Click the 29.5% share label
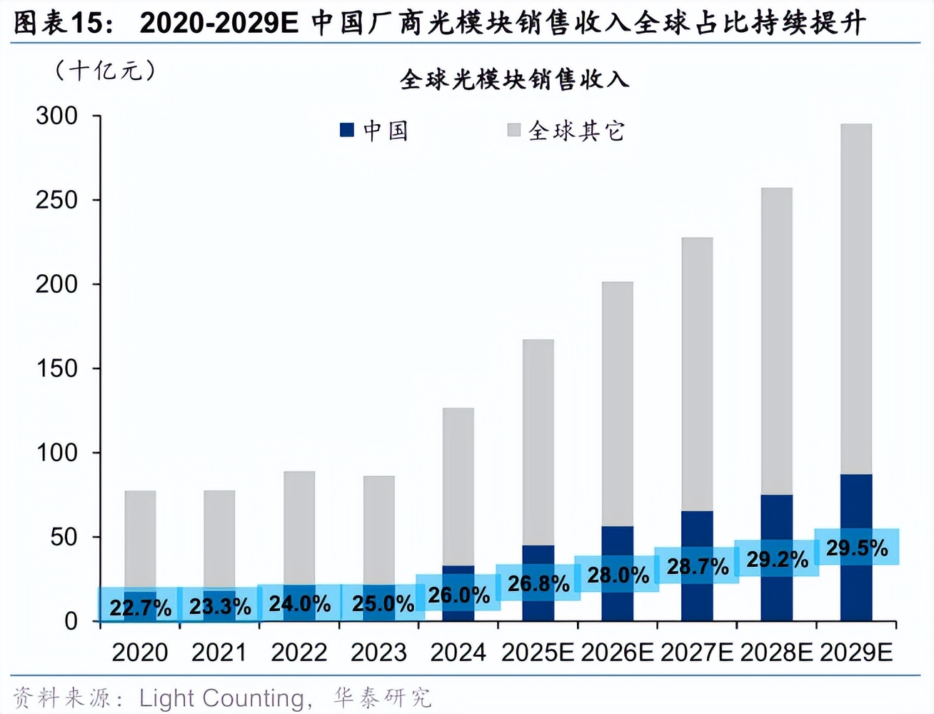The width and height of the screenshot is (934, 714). (x=856, y=548)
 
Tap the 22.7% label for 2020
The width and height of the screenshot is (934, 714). (x=140, y=608)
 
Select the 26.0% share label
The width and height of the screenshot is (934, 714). (x=458, y=595)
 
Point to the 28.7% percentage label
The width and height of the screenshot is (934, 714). (x=697, y=566)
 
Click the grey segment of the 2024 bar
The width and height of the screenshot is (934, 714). (x=458, y=486)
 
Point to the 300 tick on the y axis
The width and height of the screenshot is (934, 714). (x=57, y=116)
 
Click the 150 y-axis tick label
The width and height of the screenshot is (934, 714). (x=57, y=368)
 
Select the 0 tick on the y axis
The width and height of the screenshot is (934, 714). (x=71, y=621)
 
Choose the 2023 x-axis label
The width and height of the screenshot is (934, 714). (x=378, y=653)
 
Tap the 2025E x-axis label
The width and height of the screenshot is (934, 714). (x=538, y=653)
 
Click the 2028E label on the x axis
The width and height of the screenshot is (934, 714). (x=776, y=653)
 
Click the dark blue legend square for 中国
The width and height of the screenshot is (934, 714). (x=347, y=130)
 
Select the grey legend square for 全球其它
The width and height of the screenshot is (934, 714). (x=513, y=130)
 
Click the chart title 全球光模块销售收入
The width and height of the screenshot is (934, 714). (x=514, y=79)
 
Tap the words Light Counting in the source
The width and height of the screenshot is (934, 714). (x=221, y=698)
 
